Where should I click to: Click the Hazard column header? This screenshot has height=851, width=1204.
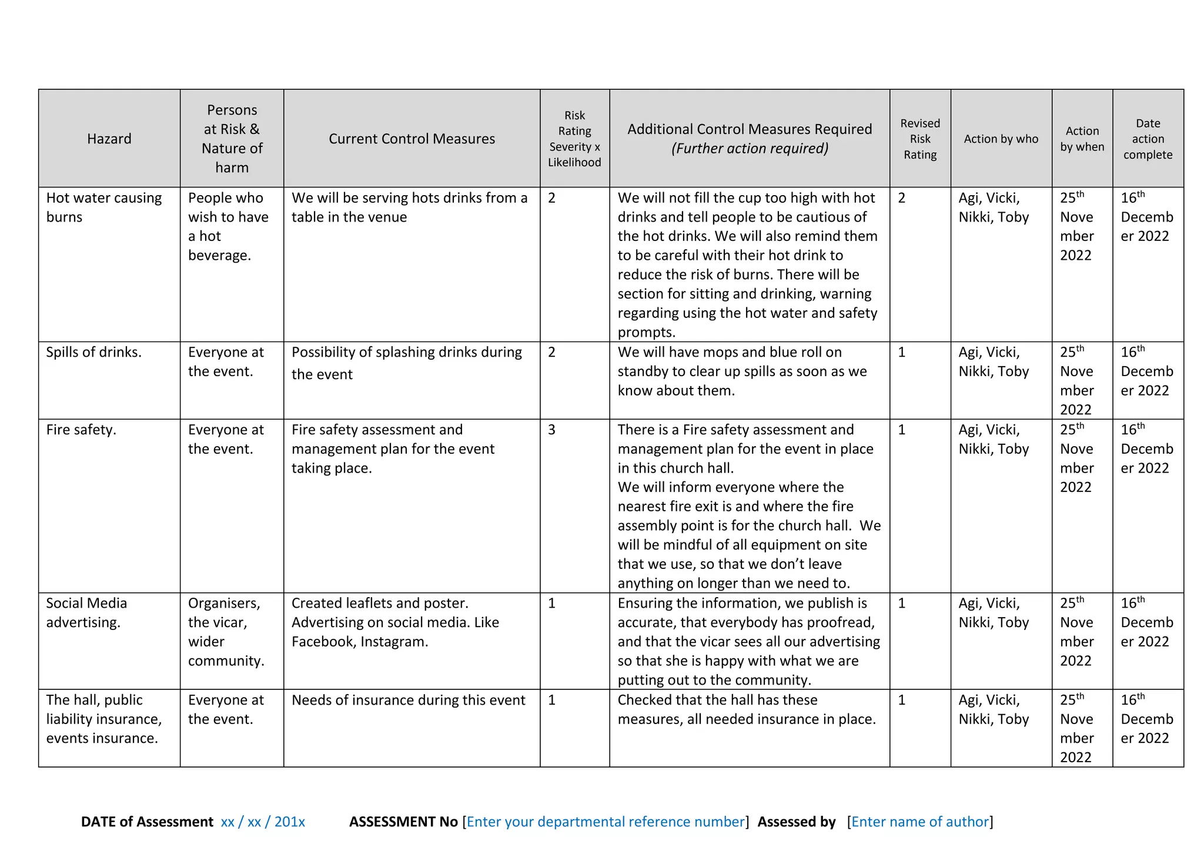[x=109, y=139]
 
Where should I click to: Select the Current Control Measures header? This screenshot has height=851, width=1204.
[x=412, y=139]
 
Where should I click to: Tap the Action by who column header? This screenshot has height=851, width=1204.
[x=1001, y=139]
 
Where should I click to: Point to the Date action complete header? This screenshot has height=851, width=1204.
[x=1148, y=139]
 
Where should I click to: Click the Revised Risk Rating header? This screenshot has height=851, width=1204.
[x=920, y=139]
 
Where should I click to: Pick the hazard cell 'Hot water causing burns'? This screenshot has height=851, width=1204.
[x=103, y=207]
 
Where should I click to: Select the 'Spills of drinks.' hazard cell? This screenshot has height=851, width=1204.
[x=93, y=352]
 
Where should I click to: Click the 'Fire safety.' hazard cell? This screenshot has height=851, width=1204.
[x=81, y=430]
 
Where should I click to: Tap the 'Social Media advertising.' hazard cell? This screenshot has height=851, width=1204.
[x=86, y=612]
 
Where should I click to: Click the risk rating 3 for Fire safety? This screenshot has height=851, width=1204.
[x=551, y=430]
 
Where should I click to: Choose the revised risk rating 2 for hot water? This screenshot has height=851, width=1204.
[x=902, y=198]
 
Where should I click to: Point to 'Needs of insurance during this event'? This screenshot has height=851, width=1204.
[x=408, y=700]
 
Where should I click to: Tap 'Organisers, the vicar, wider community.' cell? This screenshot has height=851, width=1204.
[x=226, y=632]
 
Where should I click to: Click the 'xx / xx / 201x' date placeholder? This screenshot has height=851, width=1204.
[x=263, y=822]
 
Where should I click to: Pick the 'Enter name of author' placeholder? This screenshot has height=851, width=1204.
[x=920, y=822]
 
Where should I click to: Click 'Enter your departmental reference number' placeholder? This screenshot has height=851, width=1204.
[x=606, y=822]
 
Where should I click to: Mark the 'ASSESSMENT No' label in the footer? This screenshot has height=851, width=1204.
[x=403, y=822]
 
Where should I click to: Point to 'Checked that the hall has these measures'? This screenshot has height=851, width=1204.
[x=717, y=700]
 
